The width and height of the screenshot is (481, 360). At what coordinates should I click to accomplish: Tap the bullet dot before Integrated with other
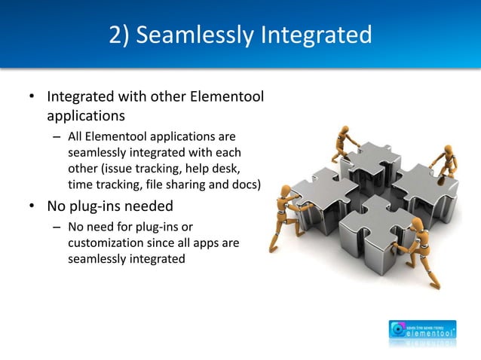pos(31,98)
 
